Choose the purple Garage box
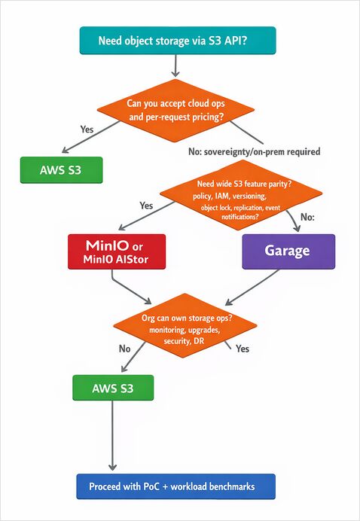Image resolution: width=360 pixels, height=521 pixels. [x=288, y=251]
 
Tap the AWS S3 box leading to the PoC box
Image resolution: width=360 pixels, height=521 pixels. [x=113, y=388]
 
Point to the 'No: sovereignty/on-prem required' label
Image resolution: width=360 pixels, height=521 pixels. [x=254, y=151]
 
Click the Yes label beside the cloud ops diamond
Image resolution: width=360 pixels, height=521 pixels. [x=87, y=129]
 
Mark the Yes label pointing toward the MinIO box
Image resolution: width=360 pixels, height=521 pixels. [x=146, y=205]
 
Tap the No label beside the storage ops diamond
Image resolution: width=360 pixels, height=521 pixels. [x=124, y=349]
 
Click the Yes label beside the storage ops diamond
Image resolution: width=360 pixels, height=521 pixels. [x=243, y=349]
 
